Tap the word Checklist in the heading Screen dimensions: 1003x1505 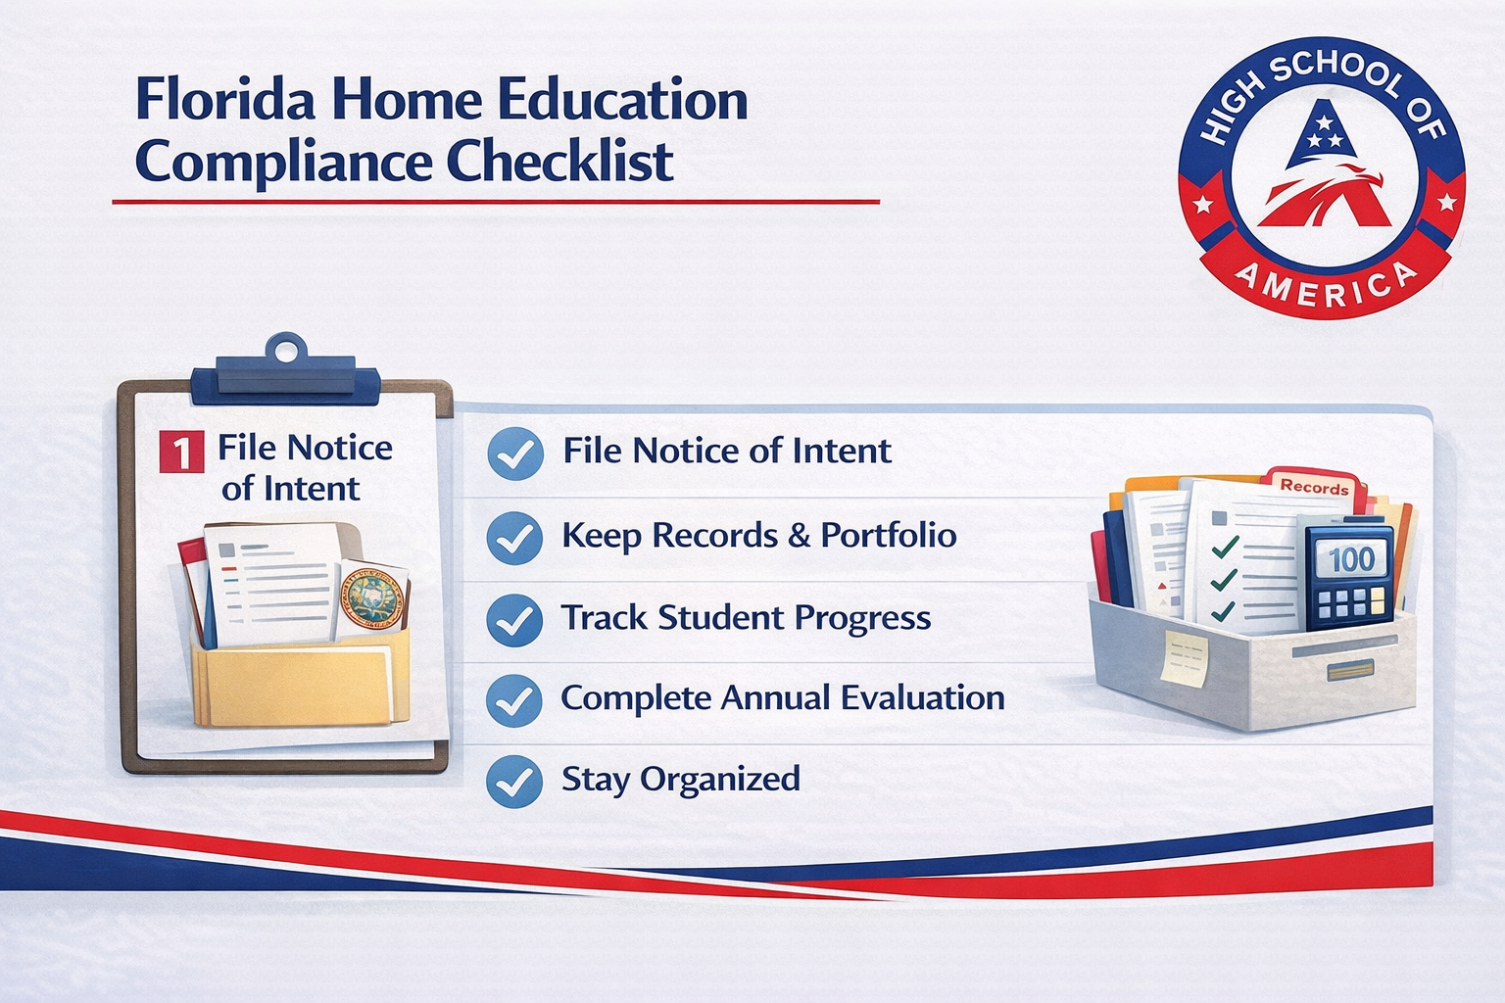coord(560,162)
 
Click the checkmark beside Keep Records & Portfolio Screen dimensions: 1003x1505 coord(514,538)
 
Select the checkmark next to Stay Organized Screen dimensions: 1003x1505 coord(514,781)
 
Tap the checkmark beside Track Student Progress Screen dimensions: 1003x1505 coord(514,620)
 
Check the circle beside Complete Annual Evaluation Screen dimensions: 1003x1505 coord(514,700)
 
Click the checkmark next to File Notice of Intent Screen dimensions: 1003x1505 coord(514,454)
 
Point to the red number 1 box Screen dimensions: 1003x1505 coord(181,453)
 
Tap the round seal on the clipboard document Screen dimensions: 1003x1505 coord(372,597)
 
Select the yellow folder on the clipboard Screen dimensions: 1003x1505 coord(294,681)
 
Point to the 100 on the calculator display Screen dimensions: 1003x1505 coord(1351,559)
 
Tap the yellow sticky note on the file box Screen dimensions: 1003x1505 coord(1185,656)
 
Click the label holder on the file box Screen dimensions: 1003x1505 coord(1349,671)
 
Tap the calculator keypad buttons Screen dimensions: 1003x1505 coord(1351,602)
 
